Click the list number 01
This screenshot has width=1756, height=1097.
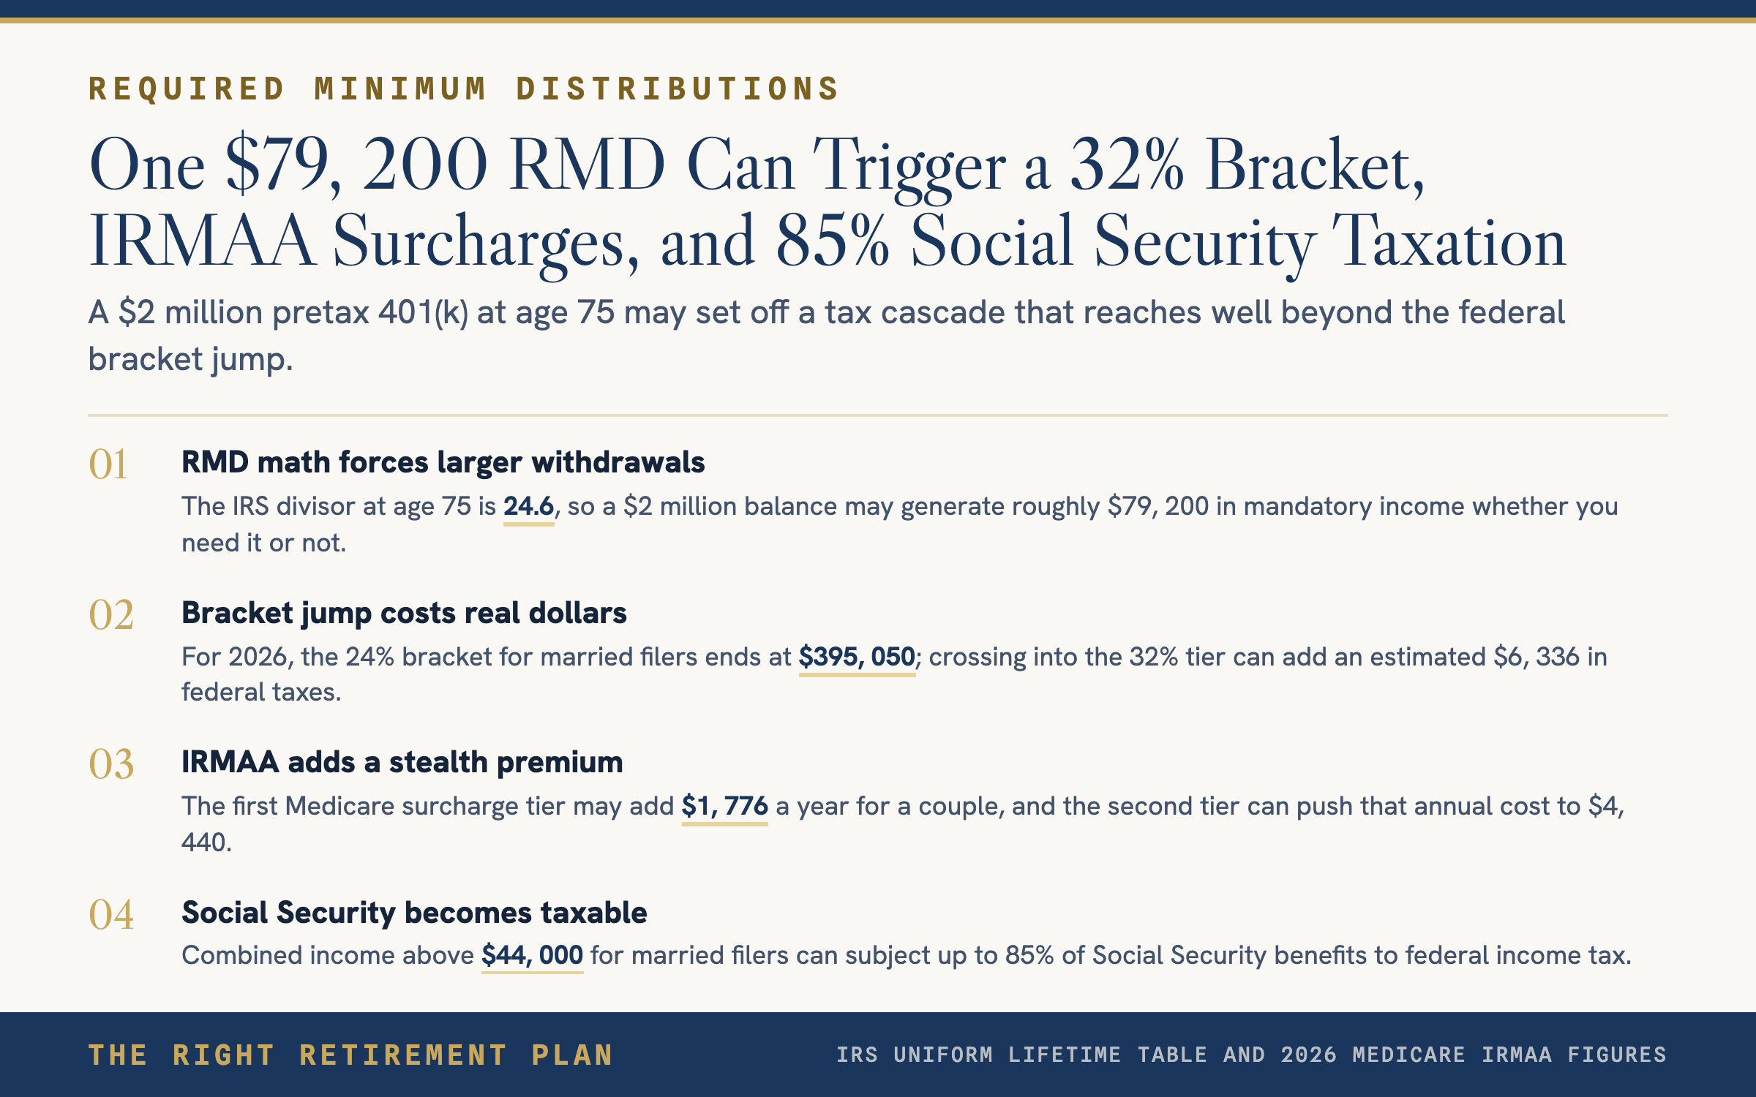[108, 464]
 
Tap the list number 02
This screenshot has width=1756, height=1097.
[111, 614]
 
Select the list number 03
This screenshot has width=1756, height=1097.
[111, 764]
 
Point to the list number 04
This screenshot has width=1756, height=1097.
[111, 914]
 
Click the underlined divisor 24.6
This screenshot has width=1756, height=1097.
[528, 506]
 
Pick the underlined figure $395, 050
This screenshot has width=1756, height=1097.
[857, 657]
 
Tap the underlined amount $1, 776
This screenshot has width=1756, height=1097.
[724, 806]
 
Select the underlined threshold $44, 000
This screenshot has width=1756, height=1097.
[532, 955]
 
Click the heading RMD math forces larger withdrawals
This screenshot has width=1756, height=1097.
[443, 462]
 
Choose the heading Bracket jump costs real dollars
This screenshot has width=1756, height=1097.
[404, 613]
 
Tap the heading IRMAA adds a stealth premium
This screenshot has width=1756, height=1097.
[402, 762]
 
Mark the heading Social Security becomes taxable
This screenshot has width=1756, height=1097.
[414, 913]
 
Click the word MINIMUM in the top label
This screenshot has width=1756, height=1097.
[400, 89]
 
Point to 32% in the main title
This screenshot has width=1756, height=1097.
[1127, 165]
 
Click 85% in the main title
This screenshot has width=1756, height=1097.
[833, 241]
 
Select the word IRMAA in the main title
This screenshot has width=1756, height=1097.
[202, 241]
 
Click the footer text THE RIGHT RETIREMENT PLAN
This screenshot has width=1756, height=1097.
[350, 1055]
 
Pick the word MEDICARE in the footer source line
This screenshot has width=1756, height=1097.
[1408, 1055]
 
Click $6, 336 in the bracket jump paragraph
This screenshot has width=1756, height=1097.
[1536, 657]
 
